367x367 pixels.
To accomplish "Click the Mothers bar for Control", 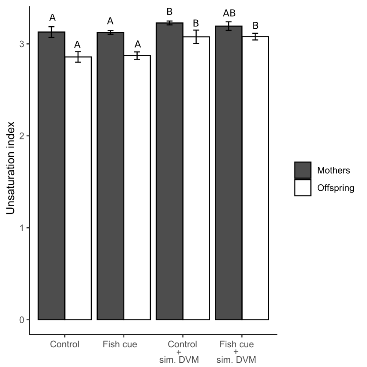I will [51, 176].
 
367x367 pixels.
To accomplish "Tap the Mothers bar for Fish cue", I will [111, 176].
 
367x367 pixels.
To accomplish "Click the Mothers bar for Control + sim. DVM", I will [169, 171].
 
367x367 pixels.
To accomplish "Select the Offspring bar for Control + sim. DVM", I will [196, 178].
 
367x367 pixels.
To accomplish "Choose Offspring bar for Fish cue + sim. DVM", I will [255, 178].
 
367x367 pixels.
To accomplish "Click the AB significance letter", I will [229, 13].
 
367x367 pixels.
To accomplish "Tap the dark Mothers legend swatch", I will [302, 170].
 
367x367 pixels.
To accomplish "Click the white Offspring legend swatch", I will [302, 188].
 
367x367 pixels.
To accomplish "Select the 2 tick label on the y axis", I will [22, 136].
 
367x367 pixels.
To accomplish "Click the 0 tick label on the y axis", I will [22, 320].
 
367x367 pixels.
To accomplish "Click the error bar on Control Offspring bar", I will [78, 57].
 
